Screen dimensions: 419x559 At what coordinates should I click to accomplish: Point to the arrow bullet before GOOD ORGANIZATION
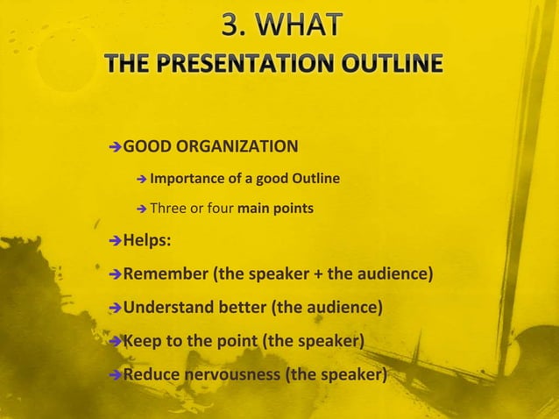coord(114,145)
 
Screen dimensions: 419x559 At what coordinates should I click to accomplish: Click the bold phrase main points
coord(271,209)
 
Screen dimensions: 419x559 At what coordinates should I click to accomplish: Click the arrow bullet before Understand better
coord(114,309)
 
